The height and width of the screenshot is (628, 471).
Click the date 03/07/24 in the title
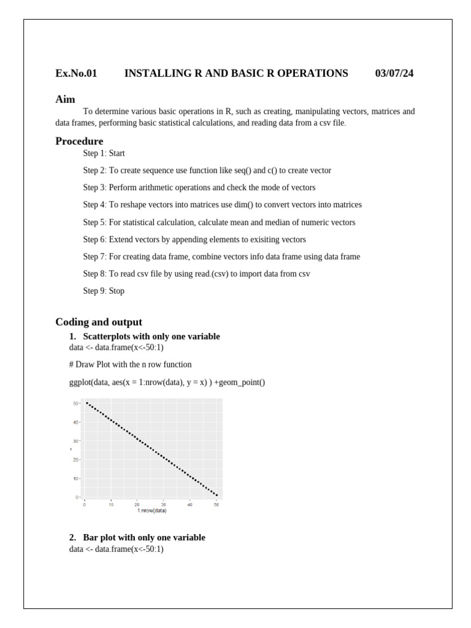[394, 74]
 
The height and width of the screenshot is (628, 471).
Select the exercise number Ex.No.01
[76, 74]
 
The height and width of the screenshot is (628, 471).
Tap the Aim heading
[65, 99]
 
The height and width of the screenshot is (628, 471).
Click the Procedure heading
[79, 141]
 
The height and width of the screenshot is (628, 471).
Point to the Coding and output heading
[98, 322]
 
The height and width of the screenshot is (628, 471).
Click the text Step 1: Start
[104, 153]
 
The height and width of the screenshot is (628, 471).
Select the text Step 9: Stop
[104, 291]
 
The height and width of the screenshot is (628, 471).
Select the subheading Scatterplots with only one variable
[151, 337]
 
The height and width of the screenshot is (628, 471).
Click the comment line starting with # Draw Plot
[130, 364]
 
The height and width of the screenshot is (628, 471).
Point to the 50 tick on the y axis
[75, 404]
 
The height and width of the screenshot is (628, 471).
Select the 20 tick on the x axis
[137, 504]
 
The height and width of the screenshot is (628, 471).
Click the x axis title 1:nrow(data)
[152, 510]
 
